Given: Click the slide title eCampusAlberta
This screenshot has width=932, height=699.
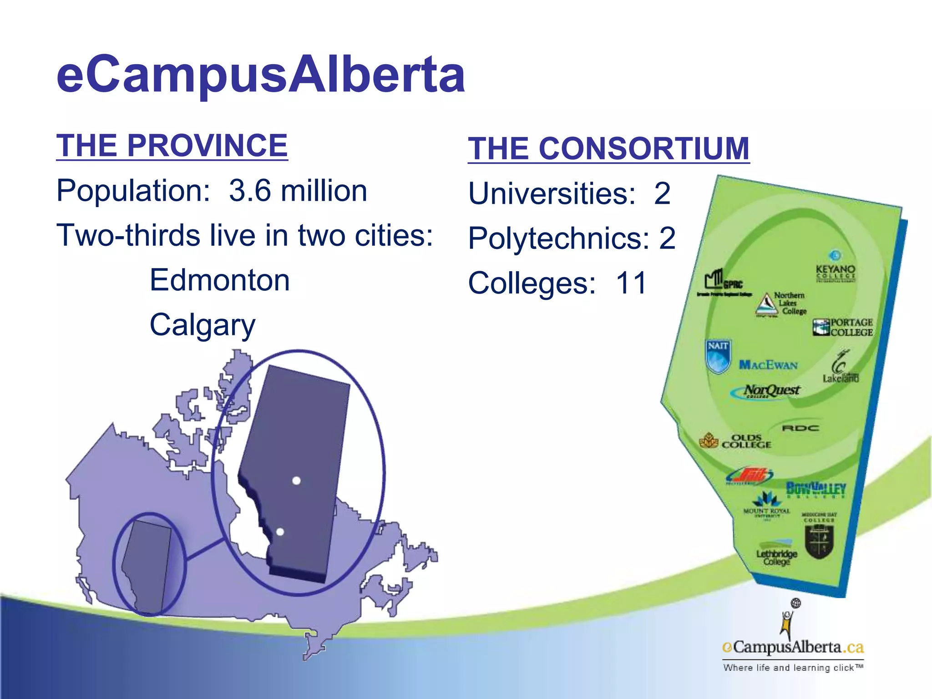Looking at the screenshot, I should [261, 74].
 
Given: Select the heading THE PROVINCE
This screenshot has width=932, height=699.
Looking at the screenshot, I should [172, 146].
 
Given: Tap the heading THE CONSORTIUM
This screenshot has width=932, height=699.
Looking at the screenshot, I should [608, 149].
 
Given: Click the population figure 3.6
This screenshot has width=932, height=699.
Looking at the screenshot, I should [250, 190].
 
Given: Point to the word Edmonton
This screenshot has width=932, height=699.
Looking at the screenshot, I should [220, 280].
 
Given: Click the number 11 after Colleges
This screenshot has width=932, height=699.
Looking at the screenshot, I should [631, 283].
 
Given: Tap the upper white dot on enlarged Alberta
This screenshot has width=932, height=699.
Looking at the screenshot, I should [296, 481].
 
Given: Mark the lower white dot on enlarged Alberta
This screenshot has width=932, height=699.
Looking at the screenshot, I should [280, 532].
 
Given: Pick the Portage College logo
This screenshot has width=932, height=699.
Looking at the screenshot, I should [843, 327].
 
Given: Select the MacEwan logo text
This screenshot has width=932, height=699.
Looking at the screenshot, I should [768, 365].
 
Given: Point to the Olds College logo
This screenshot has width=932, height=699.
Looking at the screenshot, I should [736, 441].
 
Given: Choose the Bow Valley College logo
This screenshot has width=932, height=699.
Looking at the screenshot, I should [816, 489].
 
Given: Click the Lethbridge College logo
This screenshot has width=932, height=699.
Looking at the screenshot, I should [777, 554].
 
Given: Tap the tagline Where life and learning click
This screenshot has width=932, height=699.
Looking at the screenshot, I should [793, 668].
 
